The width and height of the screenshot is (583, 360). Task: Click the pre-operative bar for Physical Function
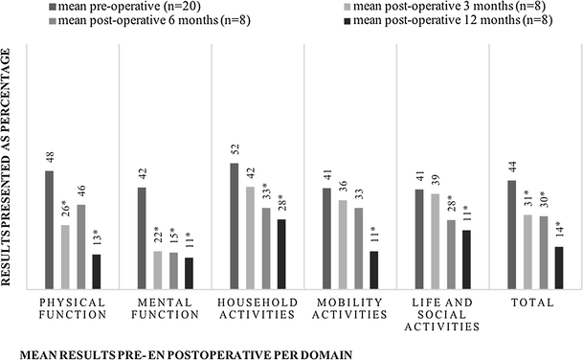point(49,229)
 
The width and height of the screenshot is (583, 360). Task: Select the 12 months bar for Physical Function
point(96,270)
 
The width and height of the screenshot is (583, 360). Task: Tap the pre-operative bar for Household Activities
point(234,225)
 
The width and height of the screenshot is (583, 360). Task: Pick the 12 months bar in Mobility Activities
point(373,269)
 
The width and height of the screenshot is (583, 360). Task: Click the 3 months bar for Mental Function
point(157,269)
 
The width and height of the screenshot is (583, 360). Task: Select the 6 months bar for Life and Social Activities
point(451,254)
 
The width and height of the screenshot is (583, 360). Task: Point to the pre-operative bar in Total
point(512,234)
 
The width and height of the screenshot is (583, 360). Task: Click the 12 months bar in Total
point(559,267)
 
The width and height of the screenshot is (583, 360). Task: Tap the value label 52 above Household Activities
point(235,150)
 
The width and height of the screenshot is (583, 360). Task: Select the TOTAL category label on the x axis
point(534,302)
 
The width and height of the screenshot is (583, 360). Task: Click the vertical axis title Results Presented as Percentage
point(9,163)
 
